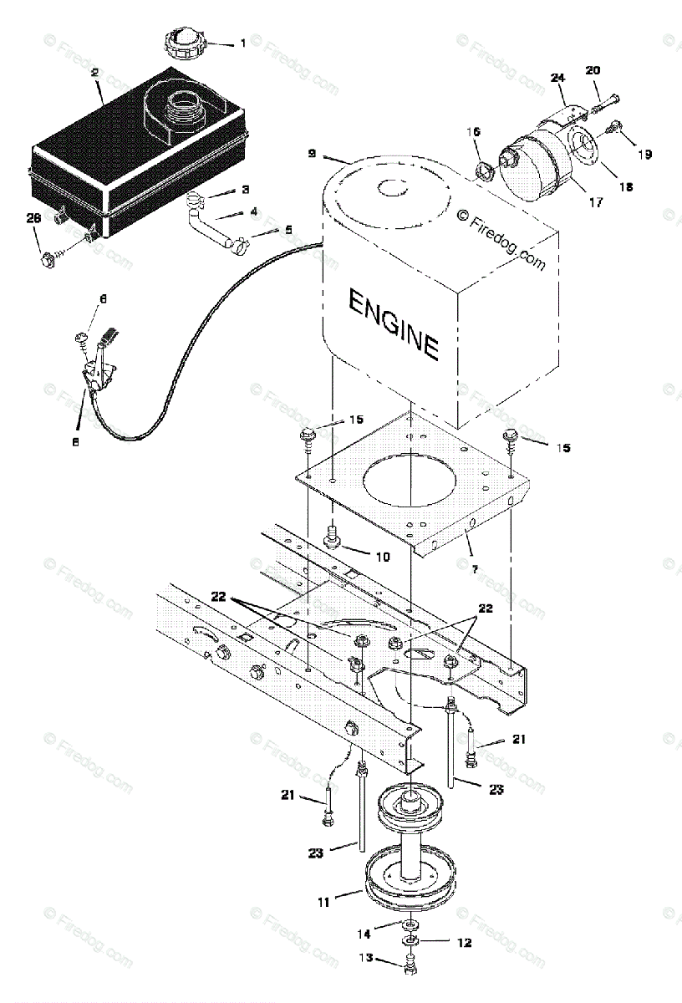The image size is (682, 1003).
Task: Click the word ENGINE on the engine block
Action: [393, 323]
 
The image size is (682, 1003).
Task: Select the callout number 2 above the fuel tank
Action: [95, 74]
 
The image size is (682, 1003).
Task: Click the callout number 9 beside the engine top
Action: [311, 154]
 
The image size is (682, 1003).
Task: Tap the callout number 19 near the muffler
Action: [644, 154]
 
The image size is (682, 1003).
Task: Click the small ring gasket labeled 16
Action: [484, 171]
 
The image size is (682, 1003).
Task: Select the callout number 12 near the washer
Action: [464, 943]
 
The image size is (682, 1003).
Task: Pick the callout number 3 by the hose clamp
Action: [246, 191]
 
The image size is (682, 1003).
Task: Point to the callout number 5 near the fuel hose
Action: [288, 229]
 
